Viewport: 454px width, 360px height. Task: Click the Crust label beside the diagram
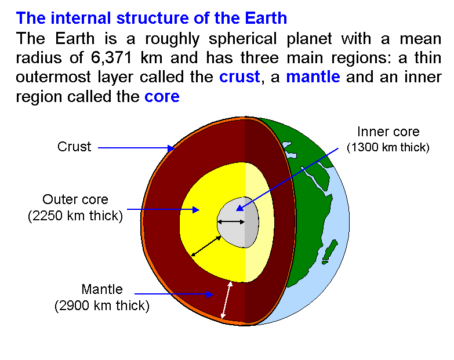(x=74, y=147)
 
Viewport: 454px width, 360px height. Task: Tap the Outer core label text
(x=75, y=199)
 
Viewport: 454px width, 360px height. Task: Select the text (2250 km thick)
(x=75, y=216)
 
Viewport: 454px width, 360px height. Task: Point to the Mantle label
(x=102, y=289)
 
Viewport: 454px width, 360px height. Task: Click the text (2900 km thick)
(x=102, y=306)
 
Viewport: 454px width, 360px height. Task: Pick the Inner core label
(x=388, y=132)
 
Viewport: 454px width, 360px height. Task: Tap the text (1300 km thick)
(x=388, y=147)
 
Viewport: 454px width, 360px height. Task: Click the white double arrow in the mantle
(x=227, y=300)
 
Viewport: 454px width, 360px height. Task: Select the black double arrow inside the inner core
(x=231, y=222)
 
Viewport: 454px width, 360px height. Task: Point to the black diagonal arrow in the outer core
(x=206, y=246)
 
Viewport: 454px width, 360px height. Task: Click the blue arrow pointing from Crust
(x=136, y=148)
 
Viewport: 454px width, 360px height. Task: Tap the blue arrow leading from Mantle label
(x=174, y=294)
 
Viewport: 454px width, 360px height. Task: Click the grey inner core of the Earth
(x=238, y=222)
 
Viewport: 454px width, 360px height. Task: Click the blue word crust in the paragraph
(x=239, y=77)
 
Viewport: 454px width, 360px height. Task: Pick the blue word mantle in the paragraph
(x=313, y=77)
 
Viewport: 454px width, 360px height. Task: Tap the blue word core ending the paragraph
(x=162, y=97)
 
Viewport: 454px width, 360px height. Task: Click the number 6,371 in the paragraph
(x=111, y=57)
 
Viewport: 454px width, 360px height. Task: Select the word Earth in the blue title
(x=266, y=18)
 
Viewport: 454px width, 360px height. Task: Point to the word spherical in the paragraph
(x=242, y=39)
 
